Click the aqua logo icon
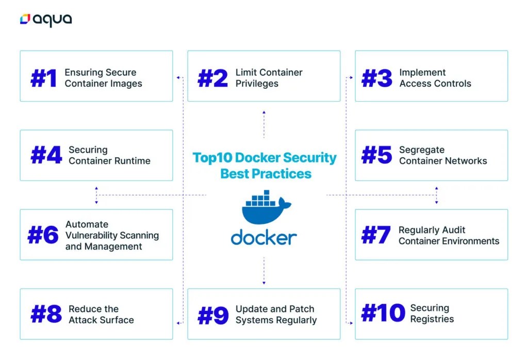(x=25, y=20)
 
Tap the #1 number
(x=44, y=78)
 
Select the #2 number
(x=212, y=78)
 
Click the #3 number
(x=377, y=78)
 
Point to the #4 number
(x=46, y=155)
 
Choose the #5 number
(x=377, y=155)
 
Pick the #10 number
(x=383, y=314)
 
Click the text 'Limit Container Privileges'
(x=269, y=78)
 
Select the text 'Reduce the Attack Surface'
(x=101, y=314)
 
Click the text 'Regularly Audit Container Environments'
(x=449, y=235)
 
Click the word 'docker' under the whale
(x=263, y=237)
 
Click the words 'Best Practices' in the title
(x=266, y=174)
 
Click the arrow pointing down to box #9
(x=264, y=282)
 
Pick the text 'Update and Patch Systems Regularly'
(x=276, y=315)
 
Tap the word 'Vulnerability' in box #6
(x=112, y=235)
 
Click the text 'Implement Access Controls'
(x=435, y=78)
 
